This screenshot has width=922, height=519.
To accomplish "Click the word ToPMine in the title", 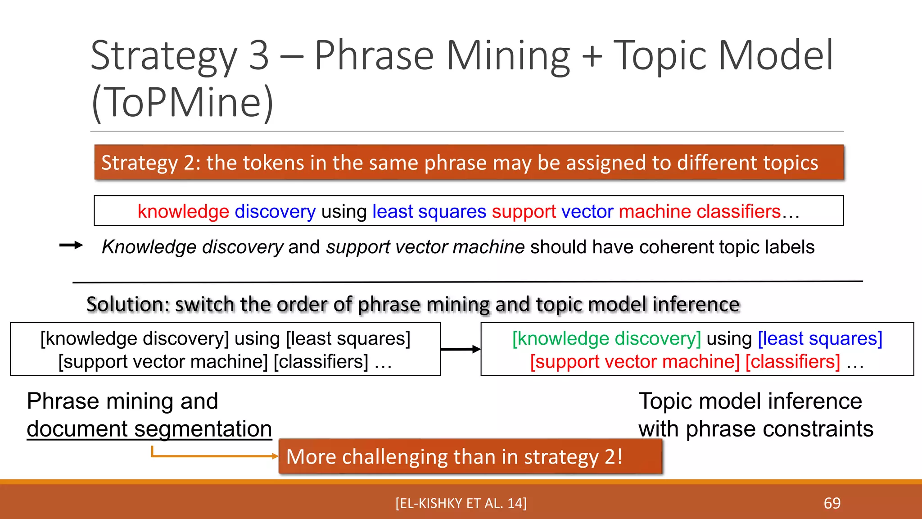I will coord(182,102).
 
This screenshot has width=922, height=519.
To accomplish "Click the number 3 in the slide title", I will coord(259,56).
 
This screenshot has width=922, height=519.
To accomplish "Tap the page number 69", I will coord(832,503).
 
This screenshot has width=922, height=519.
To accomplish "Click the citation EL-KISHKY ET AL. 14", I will coord(461,503).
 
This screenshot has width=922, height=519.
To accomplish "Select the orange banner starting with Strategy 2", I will coord(468,163).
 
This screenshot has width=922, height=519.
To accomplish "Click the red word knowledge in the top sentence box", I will coord(183,211).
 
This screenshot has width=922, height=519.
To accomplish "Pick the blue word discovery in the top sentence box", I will coord(275,211).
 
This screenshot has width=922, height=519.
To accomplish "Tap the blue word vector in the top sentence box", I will coord(587,211).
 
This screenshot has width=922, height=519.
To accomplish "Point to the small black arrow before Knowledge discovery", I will coord(71,245).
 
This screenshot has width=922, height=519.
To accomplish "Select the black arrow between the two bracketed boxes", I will coord(460,349).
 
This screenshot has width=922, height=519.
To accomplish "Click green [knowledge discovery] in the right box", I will coord(606,339).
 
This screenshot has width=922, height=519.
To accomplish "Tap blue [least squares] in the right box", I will coord(820,339).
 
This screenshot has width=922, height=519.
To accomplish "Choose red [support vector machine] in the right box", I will coord(635,362).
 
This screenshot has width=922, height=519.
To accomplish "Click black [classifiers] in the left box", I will coord(321,362).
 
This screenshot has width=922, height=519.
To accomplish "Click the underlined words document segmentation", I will coord(149,428).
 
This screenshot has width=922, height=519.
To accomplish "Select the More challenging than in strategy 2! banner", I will coord(470,456).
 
